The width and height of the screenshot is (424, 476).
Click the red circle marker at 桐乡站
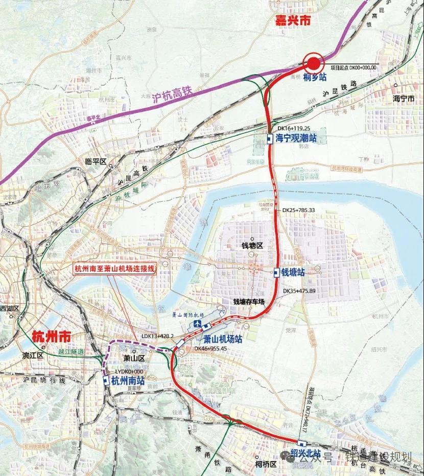313,64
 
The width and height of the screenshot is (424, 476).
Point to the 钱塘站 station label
293,273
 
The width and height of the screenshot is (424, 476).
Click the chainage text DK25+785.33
299,210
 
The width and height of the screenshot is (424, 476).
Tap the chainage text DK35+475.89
299,291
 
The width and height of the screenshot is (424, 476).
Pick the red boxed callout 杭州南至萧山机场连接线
113,269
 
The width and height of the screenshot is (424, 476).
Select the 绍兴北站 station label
305,453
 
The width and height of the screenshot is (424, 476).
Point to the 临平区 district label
95,161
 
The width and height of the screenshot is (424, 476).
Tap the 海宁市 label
403,98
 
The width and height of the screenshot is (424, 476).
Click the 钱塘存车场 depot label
249,302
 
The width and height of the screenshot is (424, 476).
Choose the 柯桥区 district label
266,464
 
